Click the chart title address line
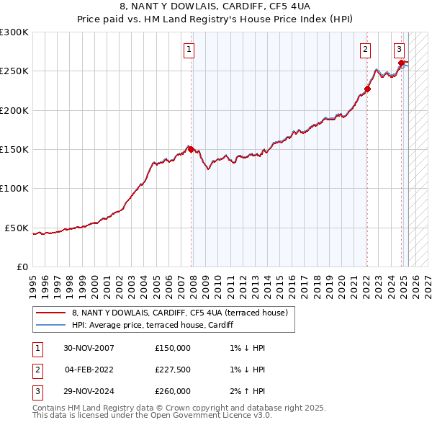215,7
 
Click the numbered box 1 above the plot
189,50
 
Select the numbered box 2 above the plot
365,50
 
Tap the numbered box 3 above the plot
399,50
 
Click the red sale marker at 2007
192,149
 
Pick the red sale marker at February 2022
367,89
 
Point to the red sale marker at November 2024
402,63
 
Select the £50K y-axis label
17,228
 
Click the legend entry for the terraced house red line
179,313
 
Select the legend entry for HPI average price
152,325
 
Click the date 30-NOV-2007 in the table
89,348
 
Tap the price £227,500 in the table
173,370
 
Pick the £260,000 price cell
173,391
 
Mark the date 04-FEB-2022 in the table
89,370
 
